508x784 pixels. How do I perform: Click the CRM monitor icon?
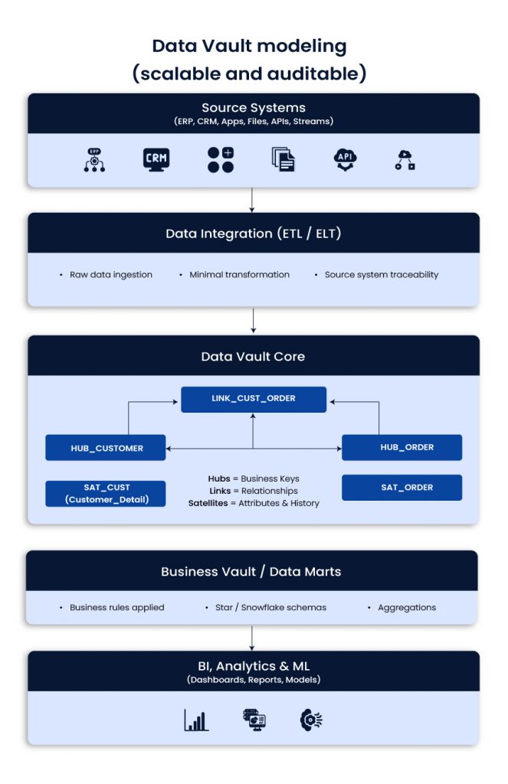point(156,159)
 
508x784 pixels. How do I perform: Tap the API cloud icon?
point(345,159)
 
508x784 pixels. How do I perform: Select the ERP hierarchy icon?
point(94,159)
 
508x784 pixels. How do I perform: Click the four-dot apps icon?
point(221,159)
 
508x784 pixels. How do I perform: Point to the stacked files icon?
point(283,159)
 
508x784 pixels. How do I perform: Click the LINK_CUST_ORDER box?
point(254,399)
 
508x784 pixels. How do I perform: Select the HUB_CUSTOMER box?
point(105,448)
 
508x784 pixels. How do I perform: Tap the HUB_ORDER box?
point(401,447)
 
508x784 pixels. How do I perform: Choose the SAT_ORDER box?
point(401,488)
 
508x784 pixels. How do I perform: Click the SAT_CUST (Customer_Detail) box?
point(105,494)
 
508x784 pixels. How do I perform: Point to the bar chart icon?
point(196,720)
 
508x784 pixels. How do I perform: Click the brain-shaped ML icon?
point(310,720)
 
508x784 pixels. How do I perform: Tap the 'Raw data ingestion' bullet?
point(110,275)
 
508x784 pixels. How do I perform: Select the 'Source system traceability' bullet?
point(381,275)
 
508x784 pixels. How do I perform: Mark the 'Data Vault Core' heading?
point(253,357)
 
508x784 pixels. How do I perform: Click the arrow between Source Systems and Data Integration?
point(253,200)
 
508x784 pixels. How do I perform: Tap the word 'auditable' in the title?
point(316,73)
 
